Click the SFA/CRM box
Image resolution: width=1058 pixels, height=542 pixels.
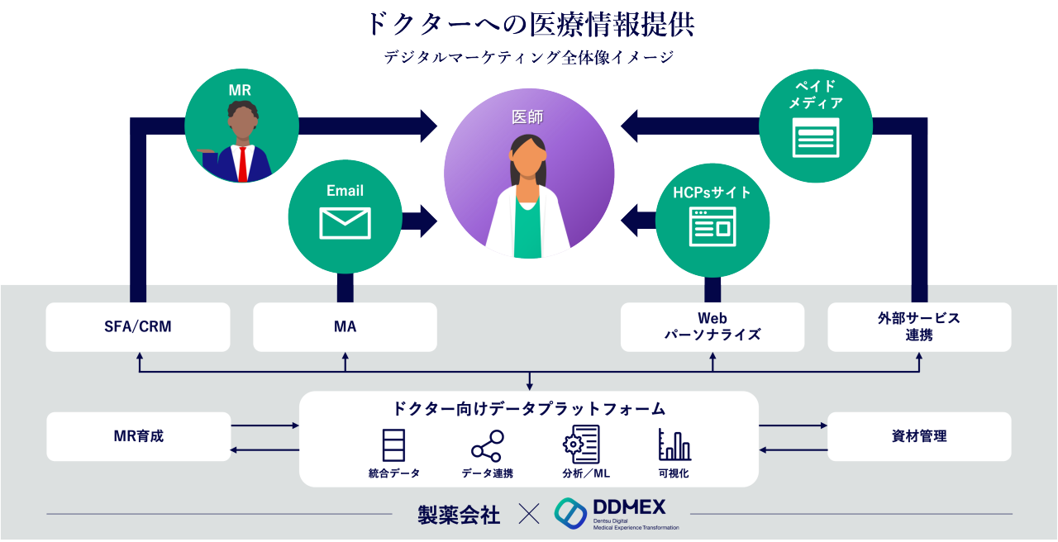click(x=138, y=326)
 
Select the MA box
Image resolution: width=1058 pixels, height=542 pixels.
click(x=345, y=326)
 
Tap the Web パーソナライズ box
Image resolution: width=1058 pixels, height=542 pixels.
click(x=712, y=326)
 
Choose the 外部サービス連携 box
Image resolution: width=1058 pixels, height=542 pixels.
click(x=919, y=326)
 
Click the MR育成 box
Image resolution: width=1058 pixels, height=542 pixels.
click(x=138, y=436)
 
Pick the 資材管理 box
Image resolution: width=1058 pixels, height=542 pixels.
click(x=919, y=436)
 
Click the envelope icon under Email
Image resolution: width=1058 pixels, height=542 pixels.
click(x=345, y=223)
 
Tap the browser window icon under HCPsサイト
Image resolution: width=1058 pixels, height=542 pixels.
click(x=712, y=227)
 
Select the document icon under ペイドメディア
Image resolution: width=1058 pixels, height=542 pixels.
click(x=815, y=137)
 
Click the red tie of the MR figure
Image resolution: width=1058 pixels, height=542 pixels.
click(x=242, y=163)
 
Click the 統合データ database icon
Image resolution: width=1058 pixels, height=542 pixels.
click(x=393, y=445)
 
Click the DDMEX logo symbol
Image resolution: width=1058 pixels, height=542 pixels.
click(x=570, y=513)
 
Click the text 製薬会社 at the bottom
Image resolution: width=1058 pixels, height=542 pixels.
click(x=459, y=515)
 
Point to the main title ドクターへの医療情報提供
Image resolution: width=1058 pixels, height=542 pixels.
click(x=529, y=24)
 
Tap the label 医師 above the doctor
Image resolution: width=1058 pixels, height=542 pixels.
click(x=527, y=117)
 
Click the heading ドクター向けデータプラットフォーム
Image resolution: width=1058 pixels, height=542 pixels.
click(x=529, y=408)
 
